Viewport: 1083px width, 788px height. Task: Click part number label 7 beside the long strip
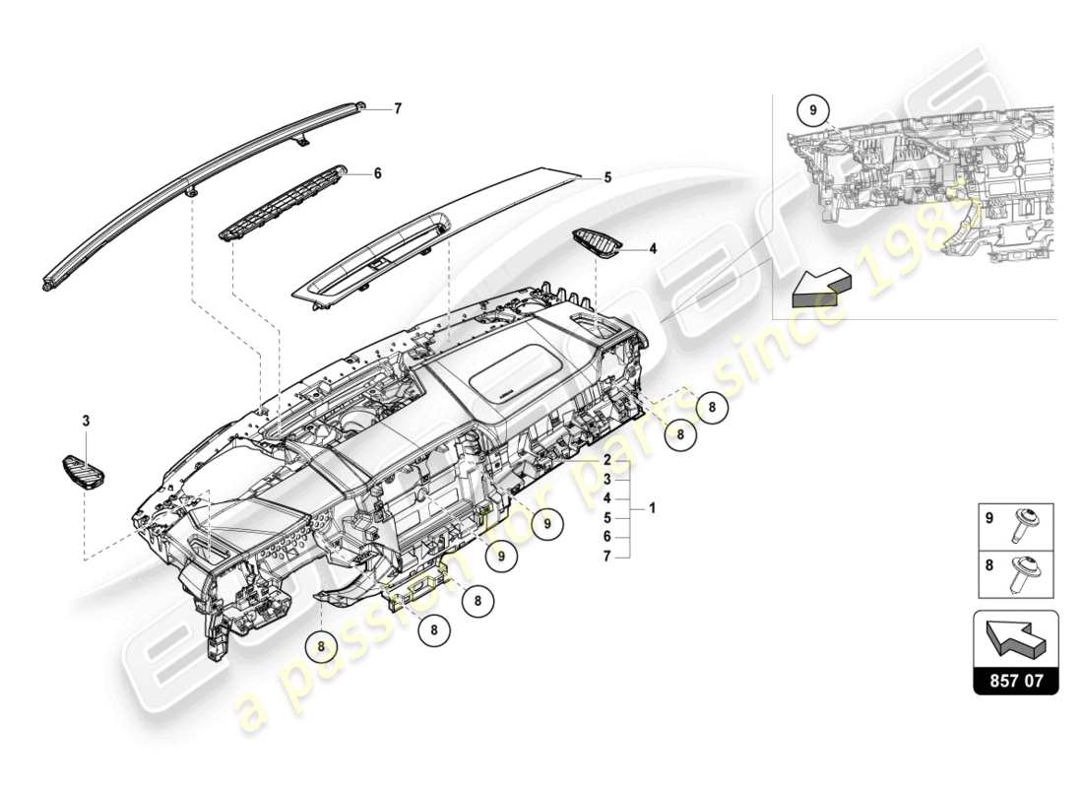398,109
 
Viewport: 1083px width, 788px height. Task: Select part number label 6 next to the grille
377,172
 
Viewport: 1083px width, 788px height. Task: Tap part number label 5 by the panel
607,178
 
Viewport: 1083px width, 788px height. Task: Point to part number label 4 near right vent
652,249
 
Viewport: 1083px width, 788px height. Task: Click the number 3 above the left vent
86,422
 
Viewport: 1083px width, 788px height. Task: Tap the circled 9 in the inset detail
813,110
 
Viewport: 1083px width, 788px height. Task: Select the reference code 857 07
1016,680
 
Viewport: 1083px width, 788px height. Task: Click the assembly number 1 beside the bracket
651,509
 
